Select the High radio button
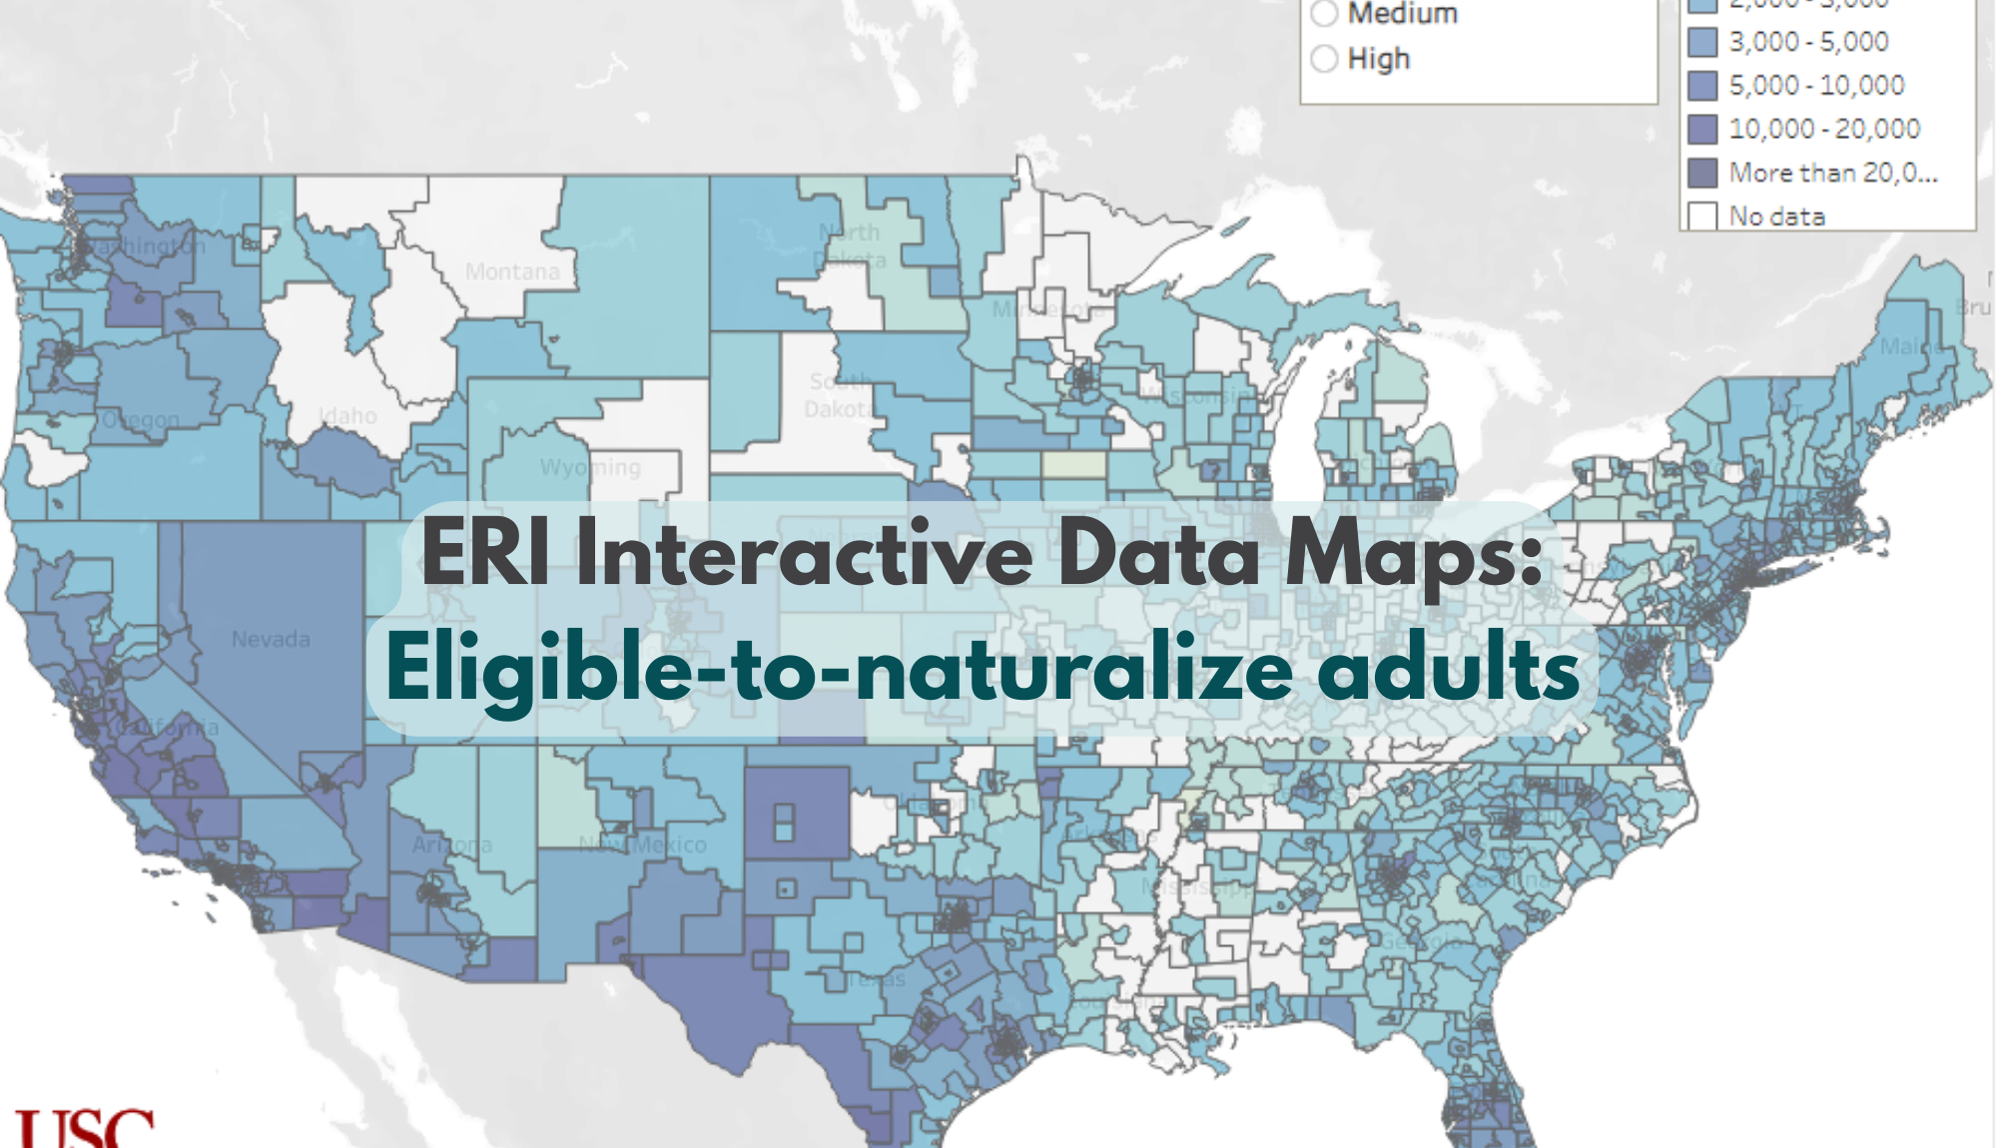[1324, 59]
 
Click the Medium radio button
[1324, 13]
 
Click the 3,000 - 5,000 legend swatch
[1702, 42]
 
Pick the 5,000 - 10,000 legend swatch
[1702, 86]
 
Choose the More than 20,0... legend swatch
[1702, 173]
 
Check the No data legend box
[1702, 216]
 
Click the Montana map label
[512, 272]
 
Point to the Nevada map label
[271, 639]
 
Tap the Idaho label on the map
[347, 415]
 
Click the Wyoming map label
[590, 467]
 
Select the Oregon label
[141, 419]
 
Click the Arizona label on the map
[451, 846]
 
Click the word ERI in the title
[485, 553]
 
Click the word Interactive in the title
[804, 553]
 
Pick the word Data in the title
[1158, 553]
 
